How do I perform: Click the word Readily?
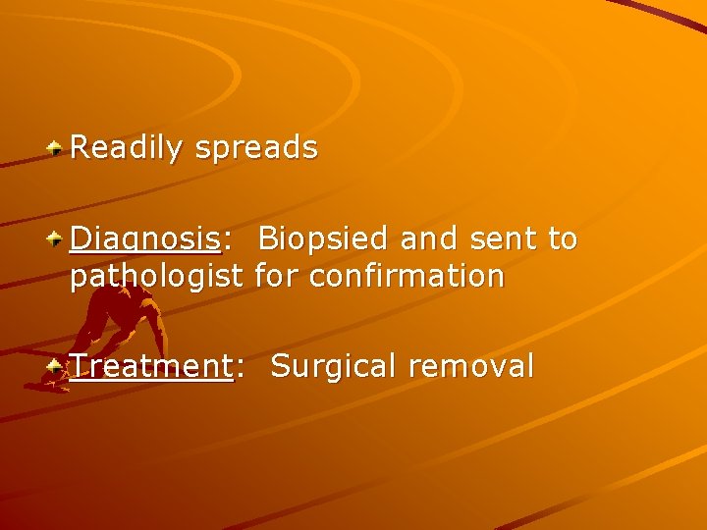coord(127,148)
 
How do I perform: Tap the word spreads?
coord(256,148)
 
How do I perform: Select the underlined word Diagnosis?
coord(144,239)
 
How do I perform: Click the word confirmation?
coord(407,277)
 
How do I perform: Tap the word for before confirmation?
coord(280,277)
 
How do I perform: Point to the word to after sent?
coord(563,238)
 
